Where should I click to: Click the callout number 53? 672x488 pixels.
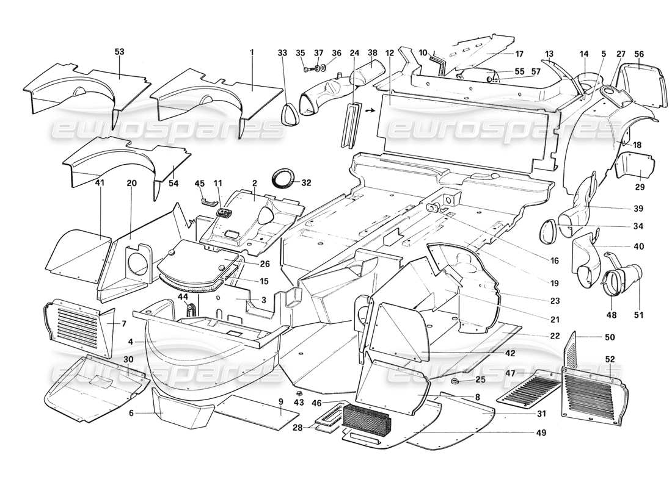click(x=119, y=52)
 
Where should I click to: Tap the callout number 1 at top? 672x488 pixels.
click(x=251, y=52)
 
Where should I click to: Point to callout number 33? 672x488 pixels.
click(x=282, y=53)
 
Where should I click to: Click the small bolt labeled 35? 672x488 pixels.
click(x=305, y=69)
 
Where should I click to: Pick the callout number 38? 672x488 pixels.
click(x=373, y=52)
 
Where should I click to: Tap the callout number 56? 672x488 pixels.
click(x=639, y=53)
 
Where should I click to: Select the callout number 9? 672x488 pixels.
click(x=280, y=401)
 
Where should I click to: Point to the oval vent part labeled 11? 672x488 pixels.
click(x=225, y=213)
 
